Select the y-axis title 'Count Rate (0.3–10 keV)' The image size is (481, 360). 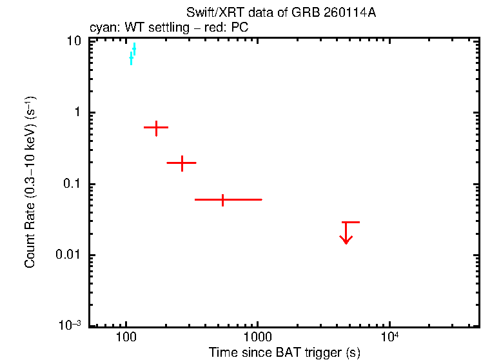pos(30,183)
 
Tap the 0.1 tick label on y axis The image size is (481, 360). pos(73,184)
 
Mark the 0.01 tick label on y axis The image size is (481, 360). pos(70,255)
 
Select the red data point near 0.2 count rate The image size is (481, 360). pos(182,163)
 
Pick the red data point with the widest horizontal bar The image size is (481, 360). pos(222,200)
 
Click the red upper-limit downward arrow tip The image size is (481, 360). pos(347,243)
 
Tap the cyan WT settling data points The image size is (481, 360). pos(133,54)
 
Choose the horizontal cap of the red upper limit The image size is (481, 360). pos(350,222)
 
